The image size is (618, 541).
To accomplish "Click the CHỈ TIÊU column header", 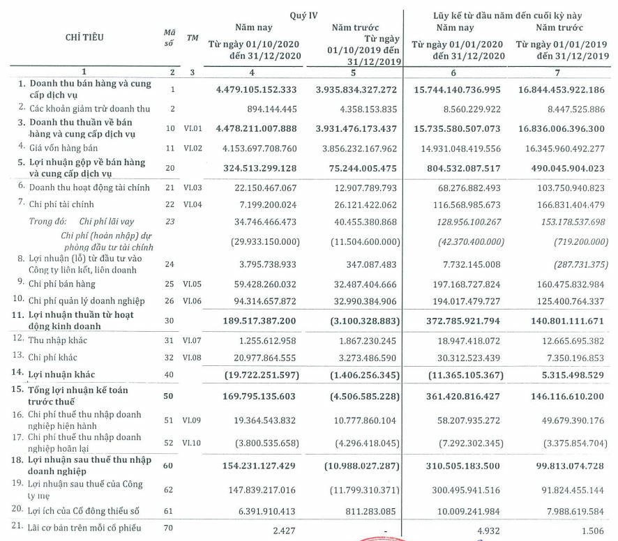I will (86, 37).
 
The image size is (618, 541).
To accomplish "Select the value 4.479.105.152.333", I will (257, 89).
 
